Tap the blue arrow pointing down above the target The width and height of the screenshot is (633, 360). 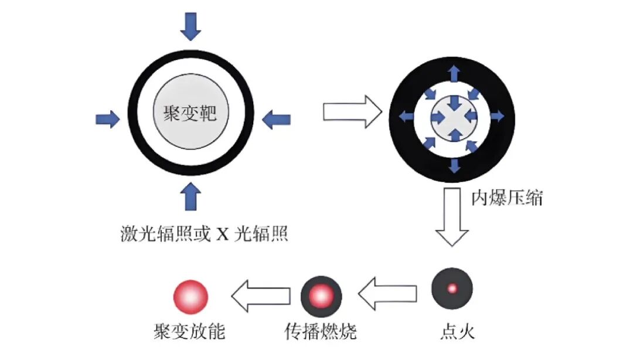(190, 26)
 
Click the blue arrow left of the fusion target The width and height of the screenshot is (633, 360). (107, 120)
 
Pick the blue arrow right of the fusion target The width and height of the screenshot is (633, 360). (275, 120)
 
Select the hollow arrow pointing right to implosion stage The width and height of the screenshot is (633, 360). (352, 113)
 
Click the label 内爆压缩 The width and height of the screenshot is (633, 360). (508, 198)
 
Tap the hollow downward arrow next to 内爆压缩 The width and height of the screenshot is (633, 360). (452, 218)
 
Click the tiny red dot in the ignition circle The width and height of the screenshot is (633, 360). (452, 288)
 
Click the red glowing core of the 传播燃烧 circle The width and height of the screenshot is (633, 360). (321, 294)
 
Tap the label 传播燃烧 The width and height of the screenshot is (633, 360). (321, 332)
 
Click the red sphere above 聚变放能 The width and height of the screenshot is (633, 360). (190, 296)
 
